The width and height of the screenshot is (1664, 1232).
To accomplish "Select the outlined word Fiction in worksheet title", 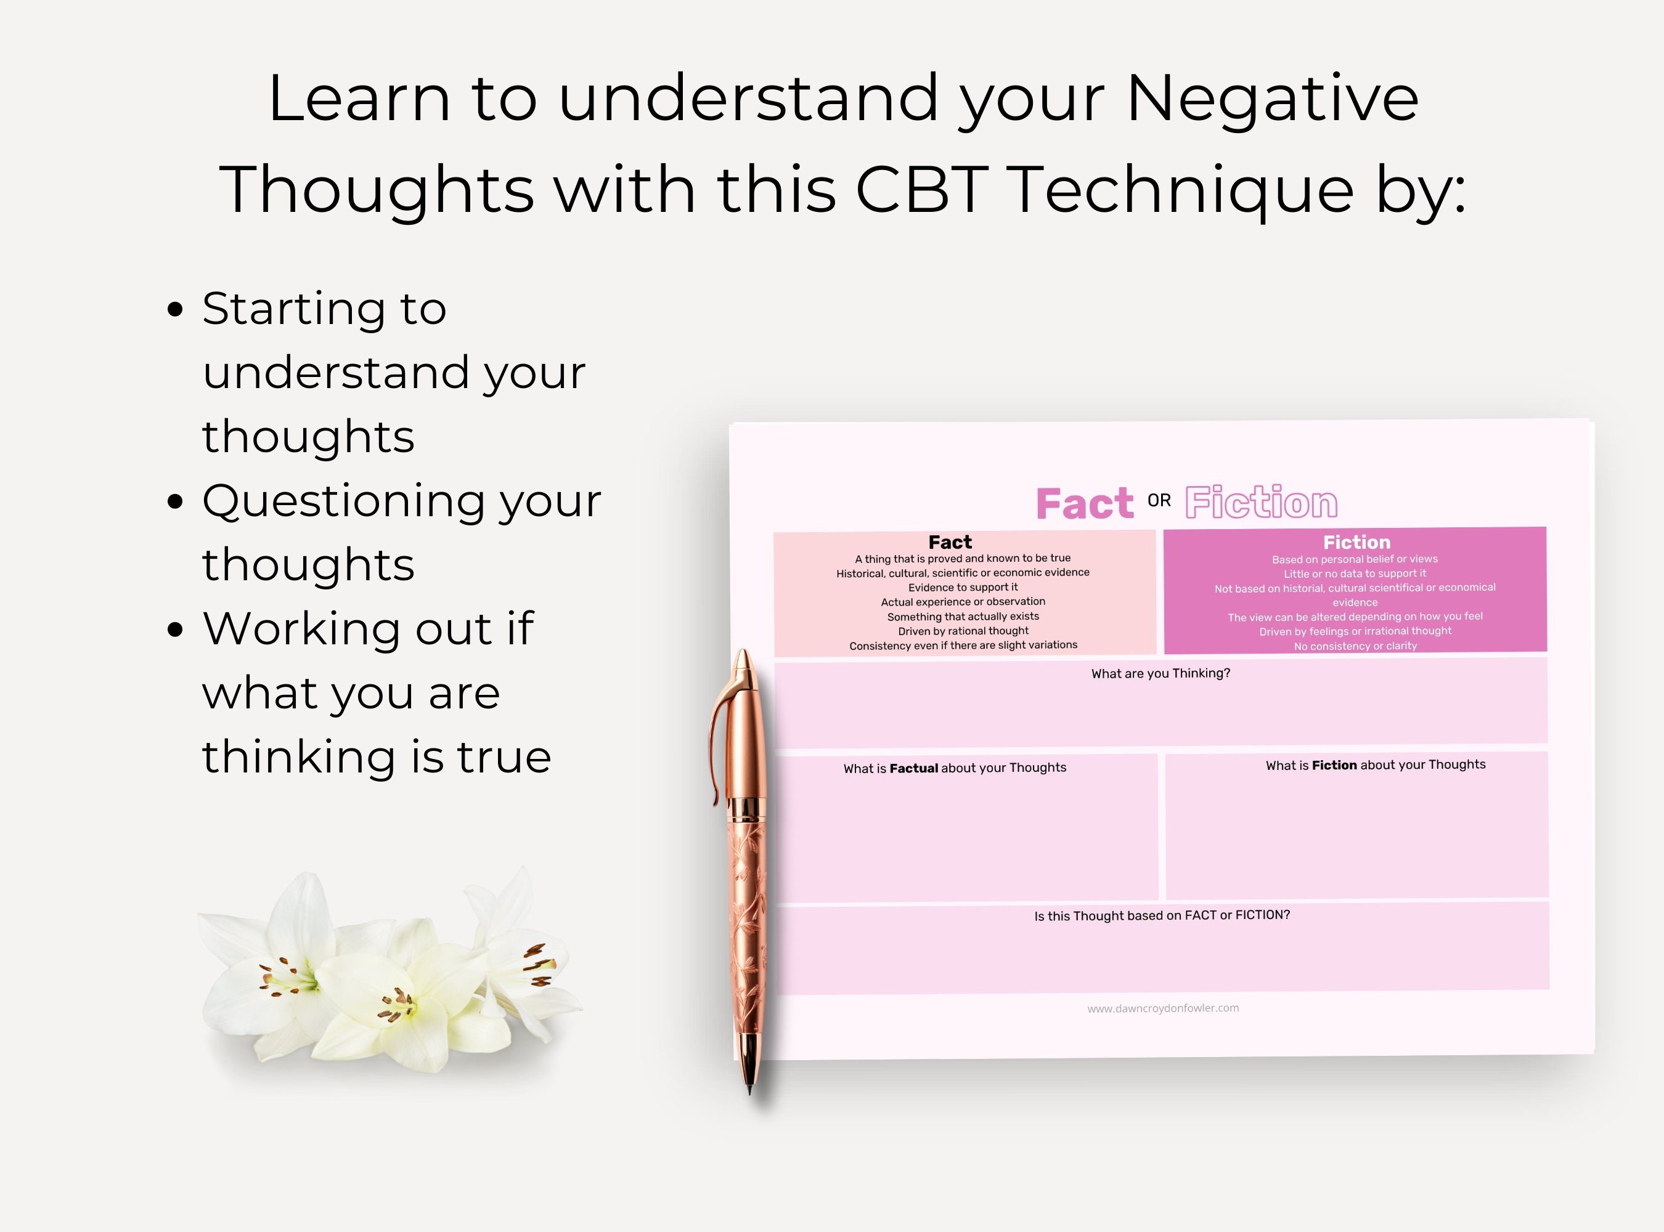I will point(1261,503).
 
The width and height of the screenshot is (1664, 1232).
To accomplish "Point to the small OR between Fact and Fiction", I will point(1159,500).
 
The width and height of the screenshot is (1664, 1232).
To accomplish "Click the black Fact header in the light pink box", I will point(950,542).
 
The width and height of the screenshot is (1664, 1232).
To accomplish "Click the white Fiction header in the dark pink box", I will point(1356,542).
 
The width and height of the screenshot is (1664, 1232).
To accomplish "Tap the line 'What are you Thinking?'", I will point(1160,673).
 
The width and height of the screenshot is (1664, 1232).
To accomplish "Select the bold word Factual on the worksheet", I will point(913,768).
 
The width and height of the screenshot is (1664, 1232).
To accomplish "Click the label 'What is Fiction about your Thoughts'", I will point(1375,765).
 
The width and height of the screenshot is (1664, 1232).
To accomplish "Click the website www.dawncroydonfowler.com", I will point(1162,1008).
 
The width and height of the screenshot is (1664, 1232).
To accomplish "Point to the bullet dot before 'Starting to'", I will point(176,309).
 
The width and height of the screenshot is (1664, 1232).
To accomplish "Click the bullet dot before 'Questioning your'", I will point(176,501).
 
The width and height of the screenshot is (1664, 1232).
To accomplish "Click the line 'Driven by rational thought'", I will point(963,631).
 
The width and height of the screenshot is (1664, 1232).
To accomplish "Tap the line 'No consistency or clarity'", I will point(1355,646).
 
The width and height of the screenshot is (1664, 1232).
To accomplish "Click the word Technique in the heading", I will point(1183,190).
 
